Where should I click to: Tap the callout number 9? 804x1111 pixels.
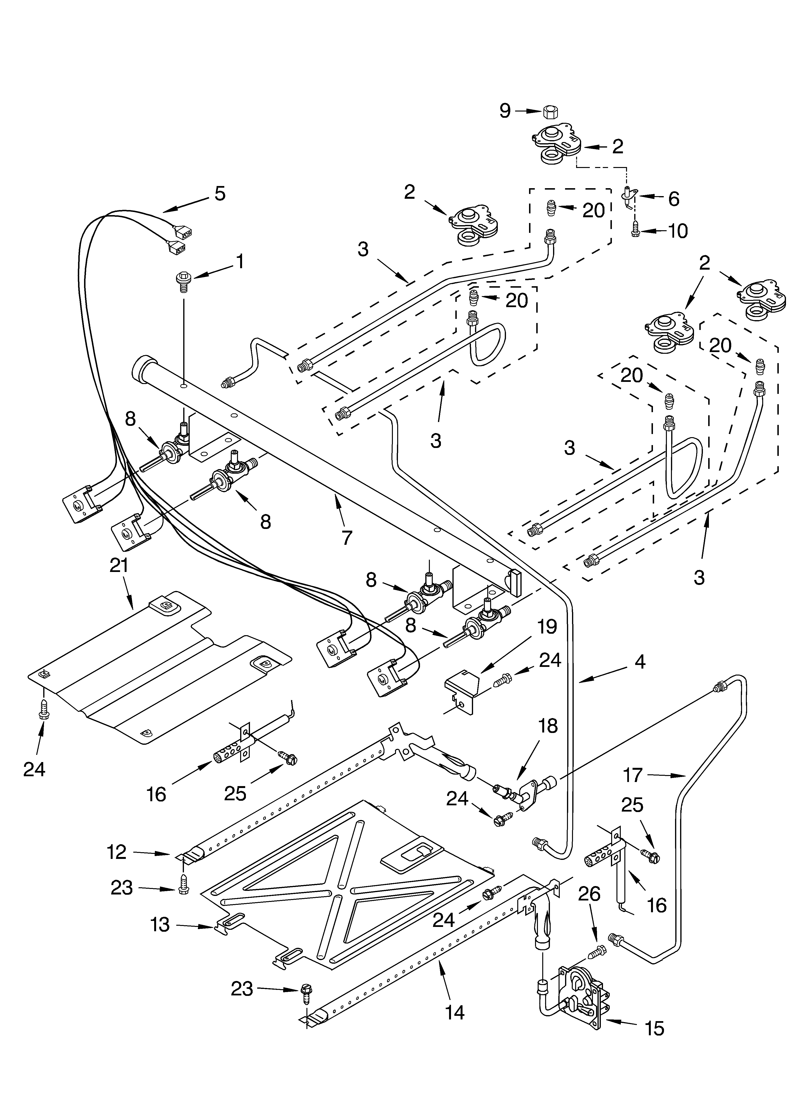click(505, 111)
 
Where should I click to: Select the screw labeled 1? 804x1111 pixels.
click(183, 282)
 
